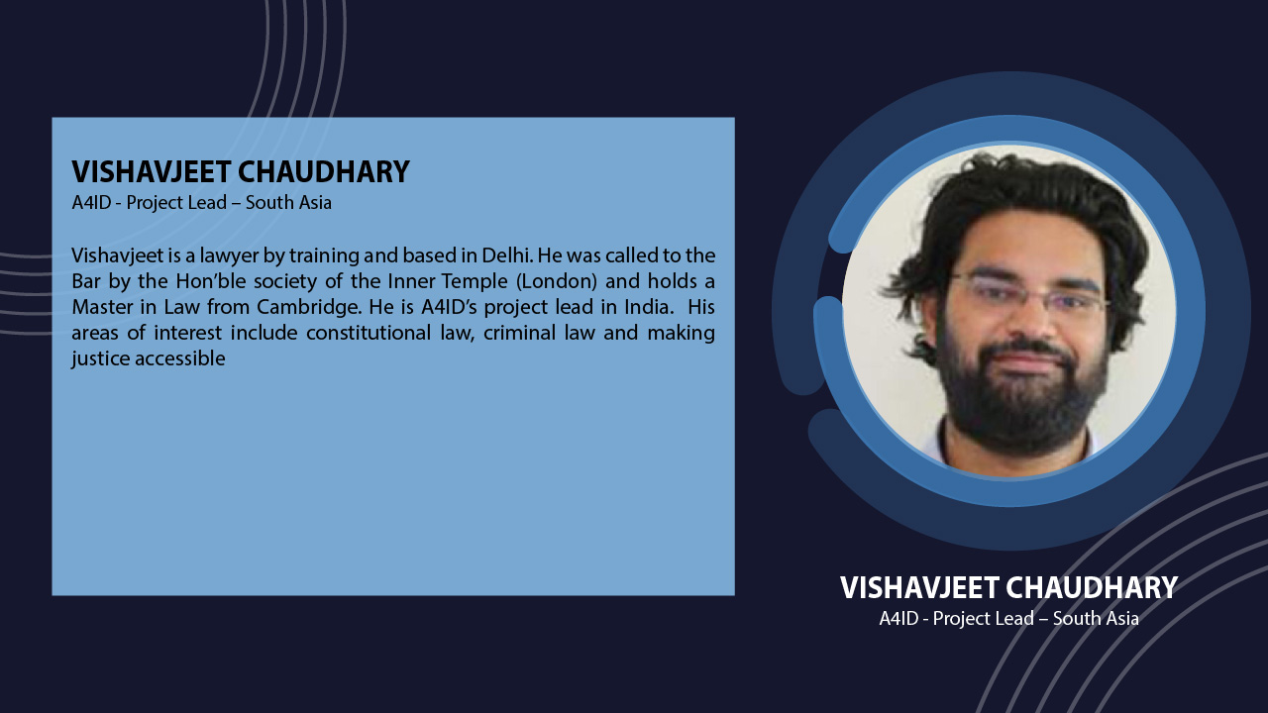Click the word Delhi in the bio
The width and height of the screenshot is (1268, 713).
point(507,255)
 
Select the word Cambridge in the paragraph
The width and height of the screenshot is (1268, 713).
point(309,307)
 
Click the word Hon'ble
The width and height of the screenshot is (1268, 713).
point(210,281)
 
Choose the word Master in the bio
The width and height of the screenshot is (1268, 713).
point(102,307)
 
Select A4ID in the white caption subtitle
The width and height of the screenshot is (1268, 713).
point(898,619)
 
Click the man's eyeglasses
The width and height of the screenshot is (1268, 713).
point(1028,294)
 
